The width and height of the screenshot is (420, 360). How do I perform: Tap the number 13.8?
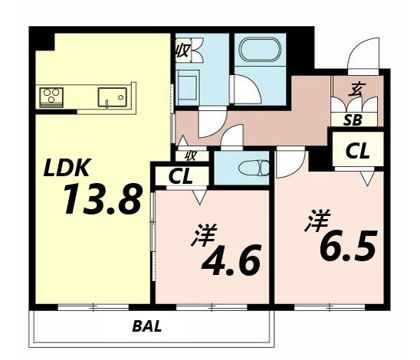102,201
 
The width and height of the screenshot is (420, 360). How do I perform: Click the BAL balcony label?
146,326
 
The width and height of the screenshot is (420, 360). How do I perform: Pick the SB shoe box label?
353,119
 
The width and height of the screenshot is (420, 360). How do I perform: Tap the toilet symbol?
251,167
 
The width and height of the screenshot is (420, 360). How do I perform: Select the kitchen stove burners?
52,97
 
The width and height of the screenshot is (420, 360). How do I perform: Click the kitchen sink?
110,97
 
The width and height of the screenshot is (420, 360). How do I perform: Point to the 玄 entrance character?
356,90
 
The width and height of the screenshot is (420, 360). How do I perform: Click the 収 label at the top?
182,51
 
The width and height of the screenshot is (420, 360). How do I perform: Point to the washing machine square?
189,82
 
